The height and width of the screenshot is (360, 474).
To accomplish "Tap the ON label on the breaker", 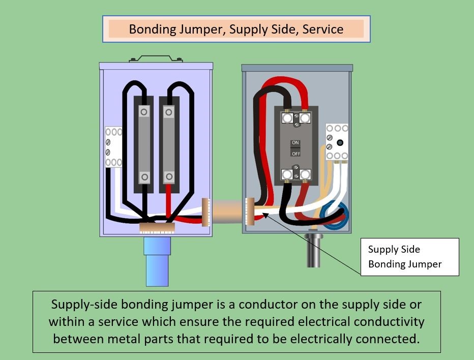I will (x=295, y=143).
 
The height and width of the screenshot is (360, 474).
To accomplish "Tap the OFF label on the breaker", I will (x=295, y=153).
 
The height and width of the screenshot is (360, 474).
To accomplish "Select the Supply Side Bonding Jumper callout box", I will (x=409, y=257).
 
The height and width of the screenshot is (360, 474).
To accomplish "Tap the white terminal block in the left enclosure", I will (x=113, y=147).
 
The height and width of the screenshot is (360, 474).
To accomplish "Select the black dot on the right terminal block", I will (x=340, y=143).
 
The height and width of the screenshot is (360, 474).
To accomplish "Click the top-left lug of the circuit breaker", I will (x=287, y=118).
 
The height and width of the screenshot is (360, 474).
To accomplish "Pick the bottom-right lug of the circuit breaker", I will (x=305, y=174).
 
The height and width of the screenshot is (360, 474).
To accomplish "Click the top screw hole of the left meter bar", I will (x=144, y=111).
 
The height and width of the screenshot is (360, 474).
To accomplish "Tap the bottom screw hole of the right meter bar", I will (x=168, y=177).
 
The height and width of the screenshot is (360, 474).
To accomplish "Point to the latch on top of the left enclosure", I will (x=156, y=58).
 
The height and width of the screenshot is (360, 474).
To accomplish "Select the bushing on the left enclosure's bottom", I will (x=157, y=228).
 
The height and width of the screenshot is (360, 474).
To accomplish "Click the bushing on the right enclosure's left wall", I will (x=249, y=211).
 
